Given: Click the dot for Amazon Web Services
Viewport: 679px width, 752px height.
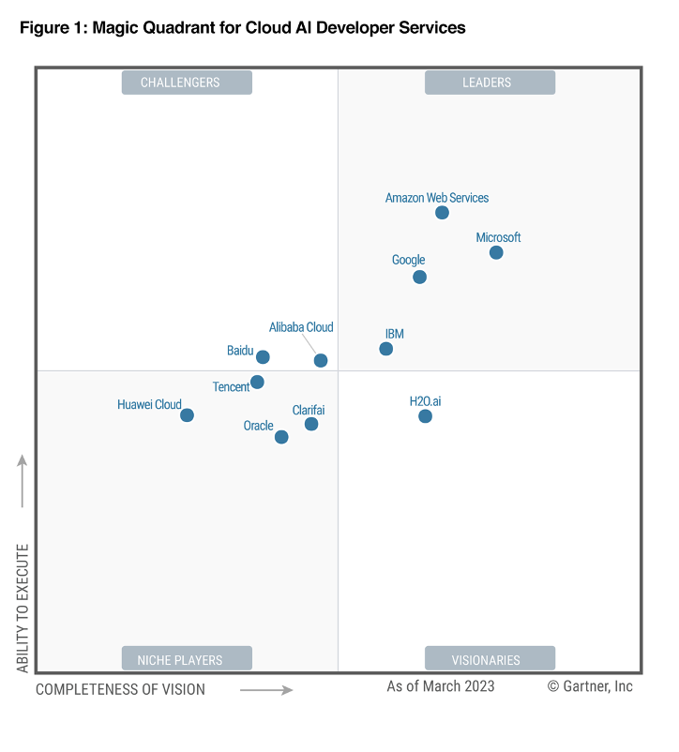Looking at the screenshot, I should (442, 213).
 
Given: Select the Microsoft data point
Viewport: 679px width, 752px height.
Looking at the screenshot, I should (496, 252).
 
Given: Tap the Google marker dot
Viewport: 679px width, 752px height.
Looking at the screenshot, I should (419, 277).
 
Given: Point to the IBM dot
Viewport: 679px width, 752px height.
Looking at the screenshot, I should (385, 349).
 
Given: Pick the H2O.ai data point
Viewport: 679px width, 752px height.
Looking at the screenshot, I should (425, 416).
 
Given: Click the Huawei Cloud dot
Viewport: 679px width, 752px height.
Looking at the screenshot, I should (187, 415).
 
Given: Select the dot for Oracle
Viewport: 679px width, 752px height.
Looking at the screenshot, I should (281, 437).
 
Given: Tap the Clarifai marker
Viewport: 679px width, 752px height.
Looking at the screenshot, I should (311, 424).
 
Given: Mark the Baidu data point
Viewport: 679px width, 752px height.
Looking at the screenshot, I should (263, 357).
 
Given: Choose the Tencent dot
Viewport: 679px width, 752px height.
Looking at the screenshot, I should (257, 382).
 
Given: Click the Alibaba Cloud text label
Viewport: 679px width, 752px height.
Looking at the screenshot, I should (301, 327).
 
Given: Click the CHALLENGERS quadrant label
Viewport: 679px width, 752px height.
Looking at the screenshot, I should (187, 83).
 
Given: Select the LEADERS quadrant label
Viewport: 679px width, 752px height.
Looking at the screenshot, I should (490, 83).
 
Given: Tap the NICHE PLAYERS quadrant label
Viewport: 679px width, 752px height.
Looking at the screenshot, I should (187, 659).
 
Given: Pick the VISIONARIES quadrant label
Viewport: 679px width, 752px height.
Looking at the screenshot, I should (490, 659).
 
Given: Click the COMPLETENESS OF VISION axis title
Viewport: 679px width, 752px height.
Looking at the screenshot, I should (120, 689).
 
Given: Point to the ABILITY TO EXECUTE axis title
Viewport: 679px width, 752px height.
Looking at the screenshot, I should (23, 608).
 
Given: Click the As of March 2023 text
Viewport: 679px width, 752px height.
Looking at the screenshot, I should (441, 686).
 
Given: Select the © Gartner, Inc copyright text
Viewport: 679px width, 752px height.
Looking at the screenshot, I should (590, 686).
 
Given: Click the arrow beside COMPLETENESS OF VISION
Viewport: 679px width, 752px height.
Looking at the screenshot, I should (266, 690).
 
